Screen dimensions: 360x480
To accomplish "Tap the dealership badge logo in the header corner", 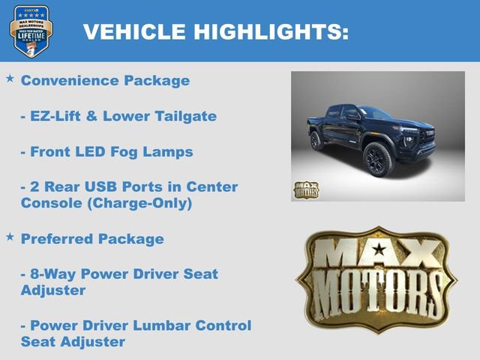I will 31,31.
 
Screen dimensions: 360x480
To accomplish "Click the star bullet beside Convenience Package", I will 10,78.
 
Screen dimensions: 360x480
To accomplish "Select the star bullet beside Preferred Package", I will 10,237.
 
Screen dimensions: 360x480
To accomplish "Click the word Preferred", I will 57,239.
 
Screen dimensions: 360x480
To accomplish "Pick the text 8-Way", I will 46,274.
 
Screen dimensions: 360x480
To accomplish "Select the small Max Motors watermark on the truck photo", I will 306,190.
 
